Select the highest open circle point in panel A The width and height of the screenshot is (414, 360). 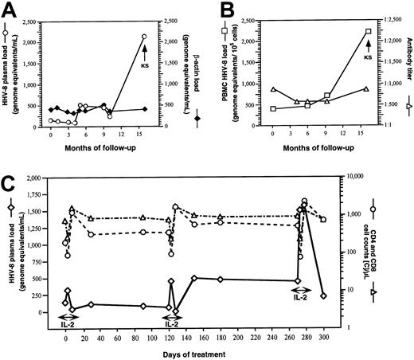[143, 37]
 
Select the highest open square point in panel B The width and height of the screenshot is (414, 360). [368, 31]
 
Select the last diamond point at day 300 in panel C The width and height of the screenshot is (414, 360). [323, 295]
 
